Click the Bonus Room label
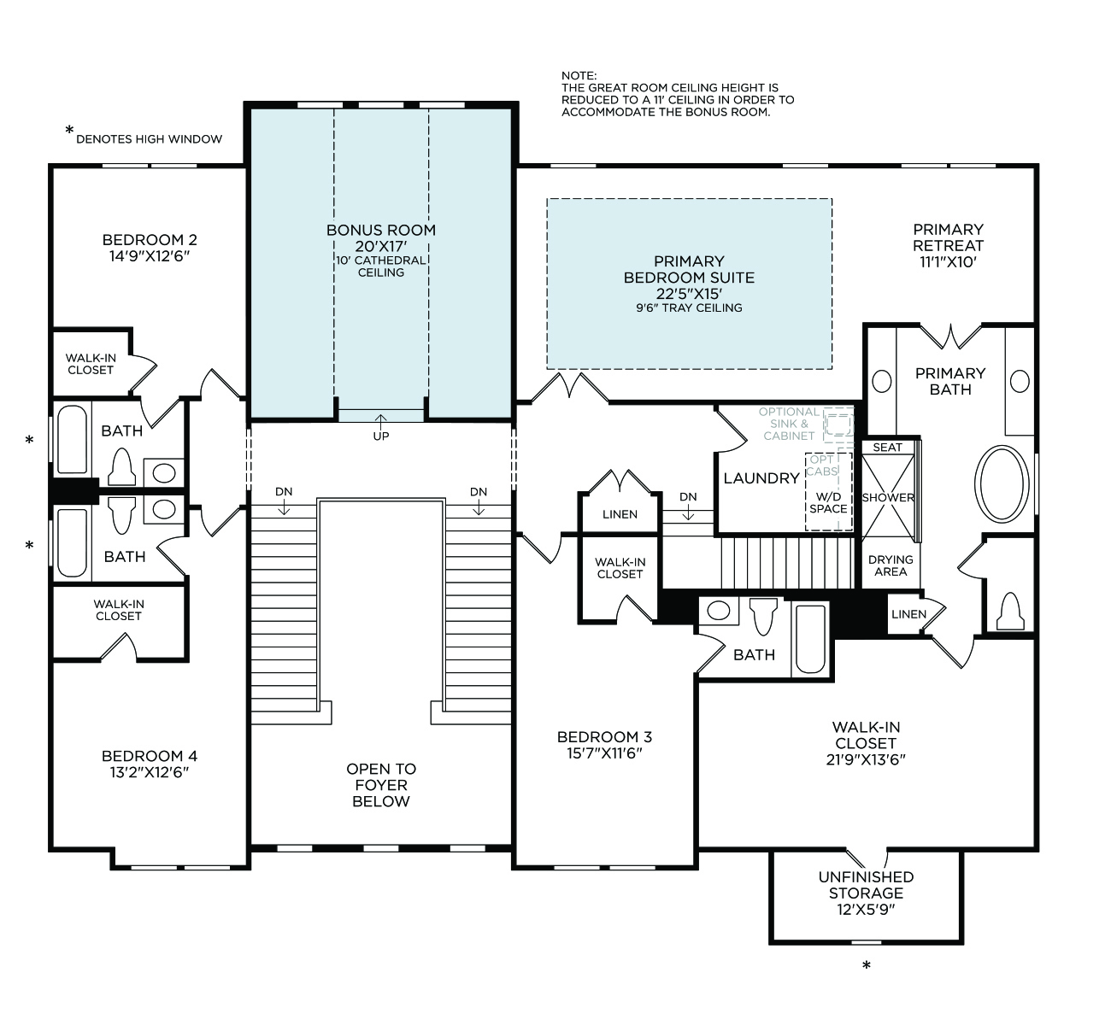point(381,230)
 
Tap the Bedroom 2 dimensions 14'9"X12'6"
point(150,256)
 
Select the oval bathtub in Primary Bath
point(1002,483)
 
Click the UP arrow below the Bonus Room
point(381,420)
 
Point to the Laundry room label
point(761,478)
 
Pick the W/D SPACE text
point(828,503)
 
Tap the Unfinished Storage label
point(866,885)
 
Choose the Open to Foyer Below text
point(381,785)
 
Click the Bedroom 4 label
point(150,756)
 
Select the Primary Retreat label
point(949,237)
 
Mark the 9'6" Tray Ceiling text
point(689,308)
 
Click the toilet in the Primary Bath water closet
point(1010,612)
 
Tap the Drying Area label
point(891,565)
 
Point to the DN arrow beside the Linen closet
point(688,512)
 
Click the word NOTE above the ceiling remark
point(579,75)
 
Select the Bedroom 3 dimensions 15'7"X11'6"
point(604,753)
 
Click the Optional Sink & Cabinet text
point(789,424)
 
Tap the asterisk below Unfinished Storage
point(867,965)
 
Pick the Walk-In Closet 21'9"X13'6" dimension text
point(866,759)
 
